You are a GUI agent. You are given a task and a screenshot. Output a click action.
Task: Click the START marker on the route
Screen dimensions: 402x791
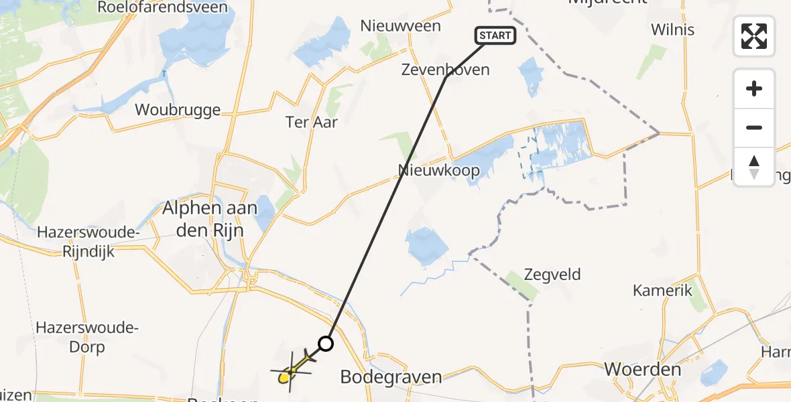[x=495, y=36]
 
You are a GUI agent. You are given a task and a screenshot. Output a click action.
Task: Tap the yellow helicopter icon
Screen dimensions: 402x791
[x=291, y=371]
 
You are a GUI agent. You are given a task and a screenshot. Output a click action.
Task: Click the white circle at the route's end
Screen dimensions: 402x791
[x=325, y=344]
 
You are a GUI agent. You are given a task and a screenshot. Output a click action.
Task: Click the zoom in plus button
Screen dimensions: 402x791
[x=754, y=88]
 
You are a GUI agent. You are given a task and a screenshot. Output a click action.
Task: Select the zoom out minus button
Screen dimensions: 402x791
[x=754, y=127]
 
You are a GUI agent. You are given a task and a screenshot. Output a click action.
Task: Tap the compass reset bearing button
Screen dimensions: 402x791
[x=754, y=166]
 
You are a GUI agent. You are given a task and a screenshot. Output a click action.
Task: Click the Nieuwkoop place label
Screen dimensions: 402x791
[x=439, y=170]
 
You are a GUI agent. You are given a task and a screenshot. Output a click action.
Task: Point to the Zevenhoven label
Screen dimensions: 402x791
[x=445, y=69]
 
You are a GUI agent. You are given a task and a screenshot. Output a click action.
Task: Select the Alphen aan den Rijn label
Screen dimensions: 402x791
[x=210, y=218]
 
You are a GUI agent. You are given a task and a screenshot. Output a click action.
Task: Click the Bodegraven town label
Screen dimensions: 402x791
[x=391, y=377]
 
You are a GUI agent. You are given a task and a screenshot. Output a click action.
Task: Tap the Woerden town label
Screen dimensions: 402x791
[x=642, y=369]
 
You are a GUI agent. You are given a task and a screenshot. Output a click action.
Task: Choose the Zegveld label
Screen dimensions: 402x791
[x=552, y=274]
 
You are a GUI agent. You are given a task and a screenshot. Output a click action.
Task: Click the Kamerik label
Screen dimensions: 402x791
[x=662, y=290]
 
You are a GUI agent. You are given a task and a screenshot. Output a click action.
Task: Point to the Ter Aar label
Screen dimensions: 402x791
[x=312, y=122]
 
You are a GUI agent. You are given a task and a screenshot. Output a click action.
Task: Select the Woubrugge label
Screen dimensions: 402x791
[x=178, y=109]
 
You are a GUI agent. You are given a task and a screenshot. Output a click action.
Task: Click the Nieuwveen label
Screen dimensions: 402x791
[x=400, y=25]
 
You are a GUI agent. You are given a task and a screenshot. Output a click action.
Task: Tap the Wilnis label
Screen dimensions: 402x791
[x=672, y=29]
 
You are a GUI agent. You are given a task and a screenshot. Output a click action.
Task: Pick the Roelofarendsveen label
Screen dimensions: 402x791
[x=162, y=7]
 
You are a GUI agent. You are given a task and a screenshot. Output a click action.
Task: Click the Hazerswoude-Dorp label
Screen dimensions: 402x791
[x=88, y=338]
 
